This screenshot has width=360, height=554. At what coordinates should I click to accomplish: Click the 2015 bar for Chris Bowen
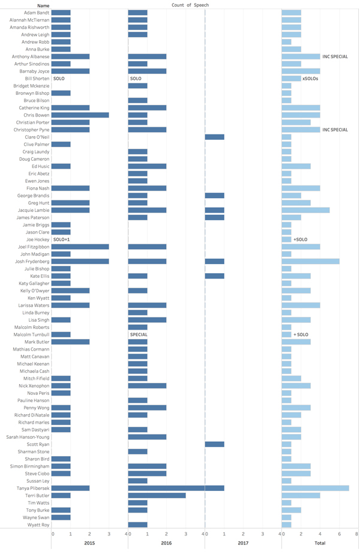pos(80,115)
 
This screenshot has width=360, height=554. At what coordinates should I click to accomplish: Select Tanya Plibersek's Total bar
pos(315,488)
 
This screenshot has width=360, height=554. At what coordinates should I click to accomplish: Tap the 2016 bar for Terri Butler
pos(157,495)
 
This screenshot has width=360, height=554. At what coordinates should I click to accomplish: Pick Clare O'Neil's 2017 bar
pos(214,137)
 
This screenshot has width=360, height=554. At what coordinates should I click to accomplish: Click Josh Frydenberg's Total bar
pos(310,261)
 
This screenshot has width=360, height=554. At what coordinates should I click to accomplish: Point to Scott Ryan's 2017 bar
pos(214,444)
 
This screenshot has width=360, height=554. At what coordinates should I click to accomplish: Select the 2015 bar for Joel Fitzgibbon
pos(80,247)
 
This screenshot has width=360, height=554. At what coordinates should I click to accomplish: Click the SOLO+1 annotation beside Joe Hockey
pos(62,239)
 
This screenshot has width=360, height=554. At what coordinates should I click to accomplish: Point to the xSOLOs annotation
pos(311,79)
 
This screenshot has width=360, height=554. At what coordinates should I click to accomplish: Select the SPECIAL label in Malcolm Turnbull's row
pos(139,334)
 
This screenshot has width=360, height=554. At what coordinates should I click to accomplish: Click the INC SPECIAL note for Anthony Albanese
pos(335,56)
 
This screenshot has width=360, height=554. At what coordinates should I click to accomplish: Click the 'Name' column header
pos(26,5)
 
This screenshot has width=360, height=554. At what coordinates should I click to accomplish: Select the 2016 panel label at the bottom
pos(166,543)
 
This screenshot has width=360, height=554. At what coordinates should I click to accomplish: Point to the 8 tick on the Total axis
pos(356,534)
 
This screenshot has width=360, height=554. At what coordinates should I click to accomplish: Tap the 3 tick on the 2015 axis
pos(108,534)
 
